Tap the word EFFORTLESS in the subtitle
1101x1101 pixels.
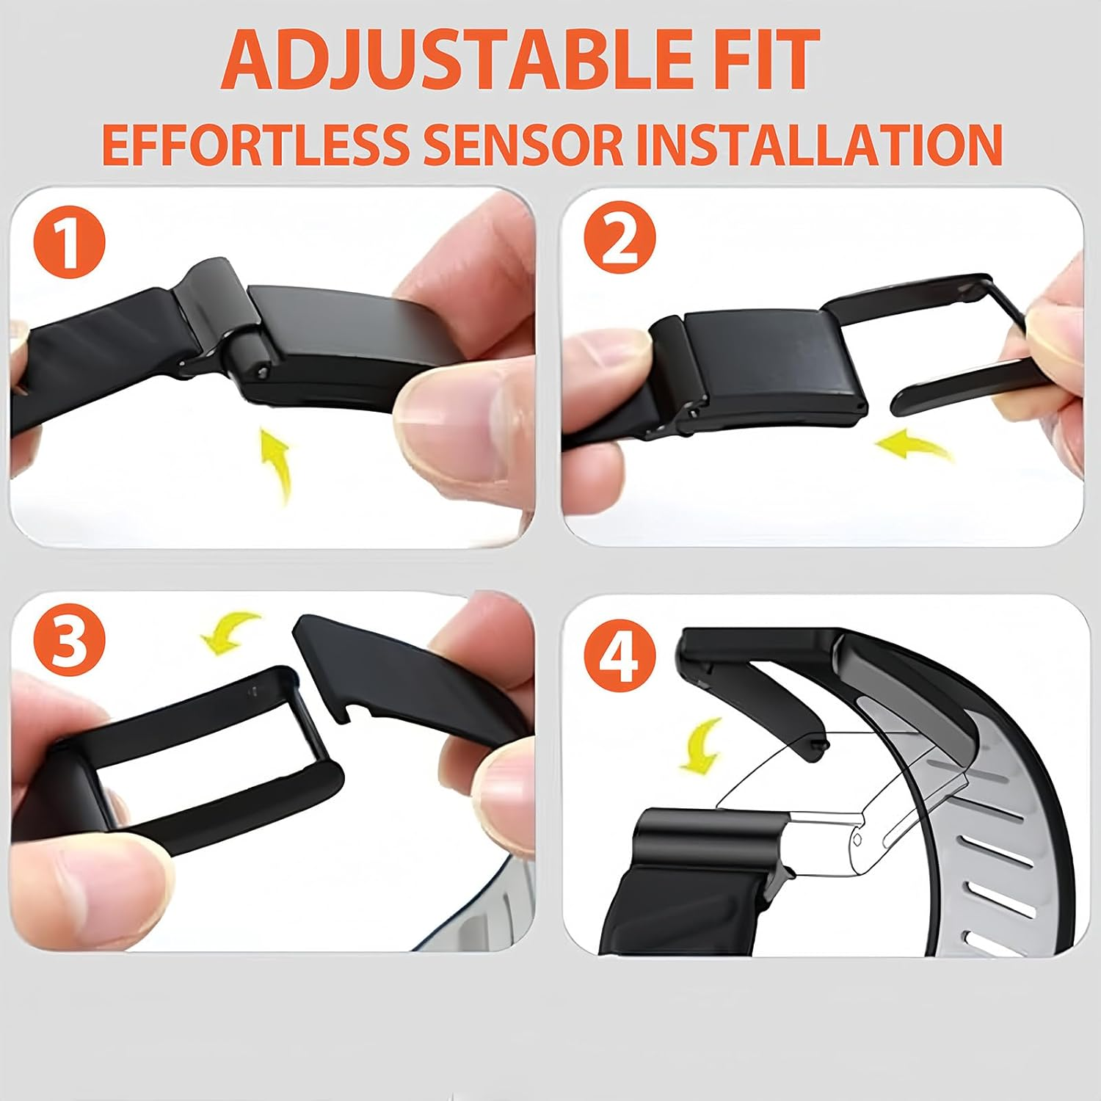click(253, 144)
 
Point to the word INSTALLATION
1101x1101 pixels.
click(818, 144)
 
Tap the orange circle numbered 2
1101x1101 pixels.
click(619, 241)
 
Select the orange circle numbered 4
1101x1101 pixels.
click(619, 653)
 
